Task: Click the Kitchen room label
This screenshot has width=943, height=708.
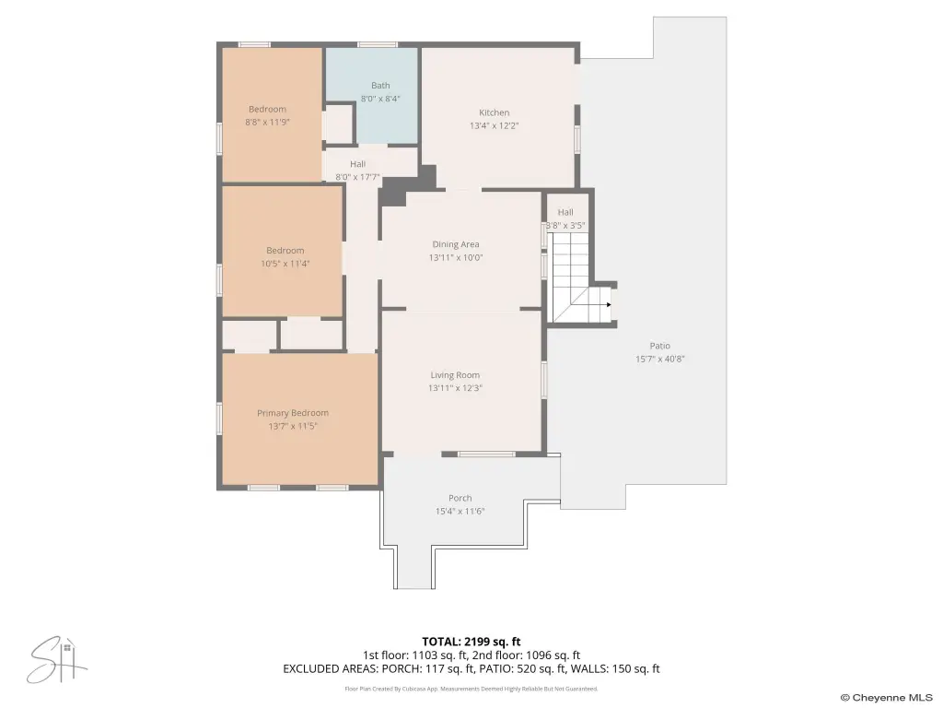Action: [494, 112]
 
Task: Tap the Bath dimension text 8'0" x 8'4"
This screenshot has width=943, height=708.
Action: [380, 99]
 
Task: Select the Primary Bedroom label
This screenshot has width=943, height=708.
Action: [293, 413]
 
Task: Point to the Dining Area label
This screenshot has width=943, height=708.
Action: [456, 244]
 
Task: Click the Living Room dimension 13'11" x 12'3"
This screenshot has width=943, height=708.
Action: [455, 388]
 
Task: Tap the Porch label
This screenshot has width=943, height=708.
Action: [460, 499]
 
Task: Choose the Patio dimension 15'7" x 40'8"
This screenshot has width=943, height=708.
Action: [659, 360]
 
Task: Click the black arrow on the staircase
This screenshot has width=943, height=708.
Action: [609, 304]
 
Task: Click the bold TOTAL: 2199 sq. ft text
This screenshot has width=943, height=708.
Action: [471, 642]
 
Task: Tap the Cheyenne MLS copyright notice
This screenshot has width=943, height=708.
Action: [887, 698]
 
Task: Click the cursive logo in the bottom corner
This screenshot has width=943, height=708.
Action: [56, 660]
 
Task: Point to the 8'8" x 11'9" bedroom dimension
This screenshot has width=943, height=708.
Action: [267, 123]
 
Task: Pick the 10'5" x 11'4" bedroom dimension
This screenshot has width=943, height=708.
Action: [285, 264]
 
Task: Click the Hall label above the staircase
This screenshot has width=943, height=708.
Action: [565, 213]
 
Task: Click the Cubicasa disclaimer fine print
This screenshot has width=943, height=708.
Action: [471, 689]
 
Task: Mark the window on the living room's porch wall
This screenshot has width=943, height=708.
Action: [486, 454]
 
